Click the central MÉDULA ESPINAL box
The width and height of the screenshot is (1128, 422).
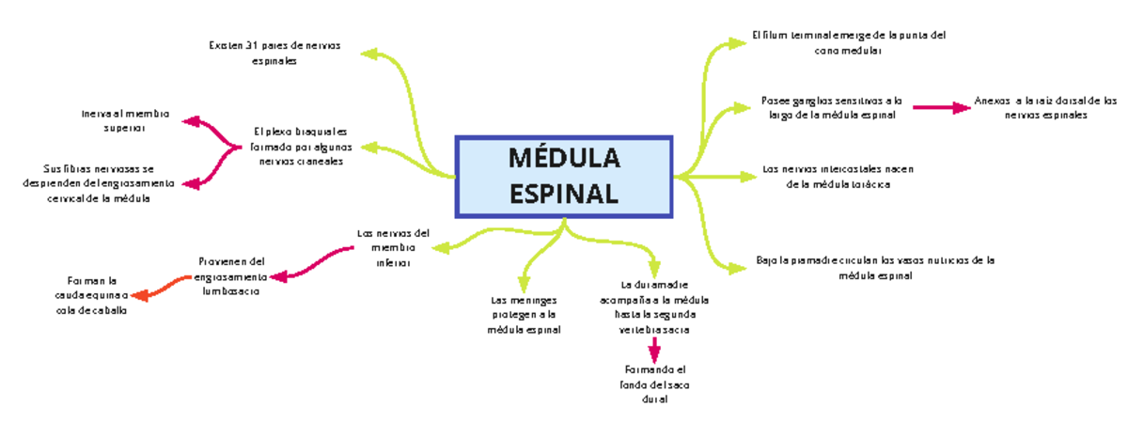point(563,176)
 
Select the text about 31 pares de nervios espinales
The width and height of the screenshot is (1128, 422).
point(274,53)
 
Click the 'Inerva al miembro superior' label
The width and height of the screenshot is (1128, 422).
point(124,120)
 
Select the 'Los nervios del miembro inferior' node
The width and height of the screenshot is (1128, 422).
point(393,248)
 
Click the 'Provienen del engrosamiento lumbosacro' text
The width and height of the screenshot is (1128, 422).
point(231,276)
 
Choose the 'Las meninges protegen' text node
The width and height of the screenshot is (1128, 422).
point(524,315)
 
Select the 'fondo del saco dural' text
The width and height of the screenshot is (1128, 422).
point(655,384)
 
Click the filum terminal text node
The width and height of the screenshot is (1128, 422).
point(848,43)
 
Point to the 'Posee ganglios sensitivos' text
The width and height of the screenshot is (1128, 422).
point(830,107)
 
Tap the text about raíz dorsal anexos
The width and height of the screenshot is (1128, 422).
point(1045,107)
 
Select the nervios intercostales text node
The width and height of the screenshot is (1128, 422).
point(838,177)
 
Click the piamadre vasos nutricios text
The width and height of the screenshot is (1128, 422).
point(874,268)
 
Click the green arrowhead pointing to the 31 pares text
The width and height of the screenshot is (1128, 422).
point(368,54)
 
